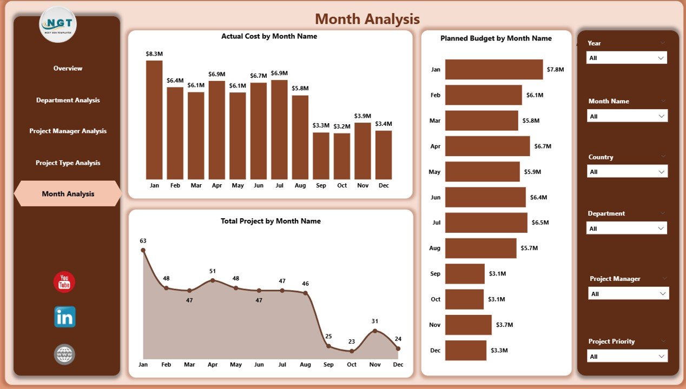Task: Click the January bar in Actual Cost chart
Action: [x=154, y=120]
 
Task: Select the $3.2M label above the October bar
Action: [x=342, y=126]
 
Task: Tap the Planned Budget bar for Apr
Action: [x=487, y=146]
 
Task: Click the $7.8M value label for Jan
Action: [x=555, y=70]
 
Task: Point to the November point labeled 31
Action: [x=375, y=331]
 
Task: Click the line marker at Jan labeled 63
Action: [x=143, y=250]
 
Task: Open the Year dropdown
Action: [x=626, y=58]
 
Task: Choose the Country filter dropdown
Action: [x=626, y=172]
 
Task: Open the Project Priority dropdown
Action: [x=626, y=357]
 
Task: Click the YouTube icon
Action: [x=64, y=282]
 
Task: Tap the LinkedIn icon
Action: [x=64, y=317]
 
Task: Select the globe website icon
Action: [x=64, y=354]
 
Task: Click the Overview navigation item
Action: [x=68, y=69]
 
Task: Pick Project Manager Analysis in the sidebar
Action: [x=68, y=131]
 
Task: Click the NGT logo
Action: [x=58, y=24]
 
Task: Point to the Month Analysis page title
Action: [x=367, y=19]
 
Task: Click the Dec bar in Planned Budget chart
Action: [x=465, y=350]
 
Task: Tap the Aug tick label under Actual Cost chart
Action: [x=300, y=185]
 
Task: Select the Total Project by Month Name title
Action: [x=271, y=221]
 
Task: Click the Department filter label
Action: [x=606, y=213]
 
